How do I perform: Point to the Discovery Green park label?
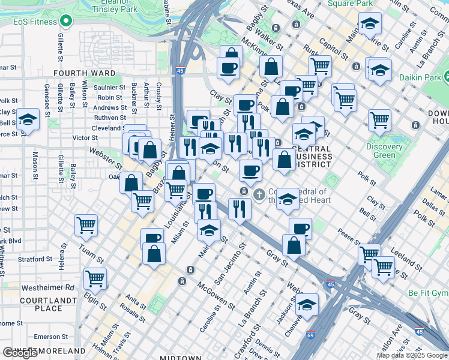point(384,151)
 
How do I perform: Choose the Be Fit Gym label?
point(428,293)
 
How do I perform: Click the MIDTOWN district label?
point(180,358)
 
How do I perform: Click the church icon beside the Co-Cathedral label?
point(259,194)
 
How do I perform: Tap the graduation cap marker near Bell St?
point(28,121)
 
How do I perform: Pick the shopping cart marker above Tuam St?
point(86,226)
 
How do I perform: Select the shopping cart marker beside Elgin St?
point(95,279)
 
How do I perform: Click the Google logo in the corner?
point(20,353)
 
